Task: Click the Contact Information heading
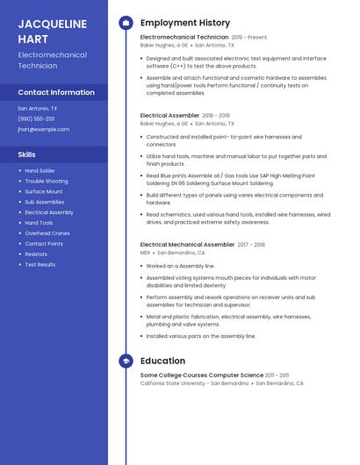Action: [56, 92]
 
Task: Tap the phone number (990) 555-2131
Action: [36, 118]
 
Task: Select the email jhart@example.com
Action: [43, 129]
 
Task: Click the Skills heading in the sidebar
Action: [26, 154]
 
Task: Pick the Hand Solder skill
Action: [40, 170]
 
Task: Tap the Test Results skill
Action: [40, 264]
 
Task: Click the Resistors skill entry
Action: [36, 254]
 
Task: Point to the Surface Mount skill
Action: [43, 191]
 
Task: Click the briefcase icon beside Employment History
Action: [126, 23]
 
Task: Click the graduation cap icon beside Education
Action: [126, 361]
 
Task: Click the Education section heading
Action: [162, 361]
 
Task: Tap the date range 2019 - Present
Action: [249, 38]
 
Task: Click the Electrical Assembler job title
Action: [169, 115]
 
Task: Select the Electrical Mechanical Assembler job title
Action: [187, 244]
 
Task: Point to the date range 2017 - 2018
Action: [251, 244]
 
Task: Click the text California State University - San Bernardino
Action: [194, 383]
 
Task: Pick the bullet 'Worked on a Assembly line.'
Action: [180, 265]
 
